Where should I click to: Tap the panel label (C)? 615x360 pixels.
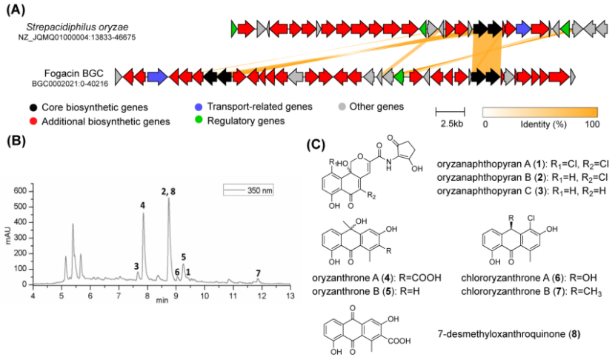[316, 144]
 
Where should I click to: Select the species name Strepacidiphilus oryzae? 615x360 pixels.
[77, 27]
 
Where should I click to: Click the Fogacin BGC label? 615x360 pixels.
[74, 73]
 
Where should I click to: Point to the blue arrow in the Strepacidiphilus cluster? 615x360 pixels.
[523, 29]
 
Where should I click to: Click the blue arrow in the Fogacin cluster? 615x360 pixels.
[158, 76]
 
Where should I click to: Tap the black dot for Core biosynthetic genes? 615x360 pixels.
[33, 107]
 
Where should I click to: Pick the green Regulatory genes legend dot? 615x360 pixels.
[199, 120]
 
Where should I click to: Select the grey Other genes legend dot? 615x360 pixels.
[342, 107]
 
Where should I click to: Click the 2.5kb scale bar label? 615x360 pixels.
[452, 124]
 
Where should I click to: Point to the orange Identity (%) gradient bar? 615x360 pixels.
[540, 112]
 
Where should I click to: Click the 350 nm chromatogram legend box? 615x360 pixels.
[248, 190]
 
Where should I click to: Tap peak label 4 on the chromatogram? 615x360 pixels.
[143, 205]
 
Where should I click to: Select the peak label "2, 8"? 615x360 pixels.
[168, 191]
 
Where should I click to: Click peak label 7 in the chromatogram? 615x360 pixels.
[258, 273]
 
